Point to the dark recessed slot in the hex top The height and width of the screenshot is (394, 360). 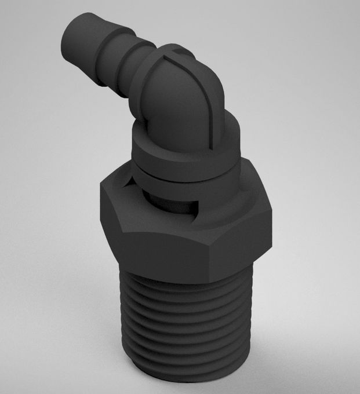174,203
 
